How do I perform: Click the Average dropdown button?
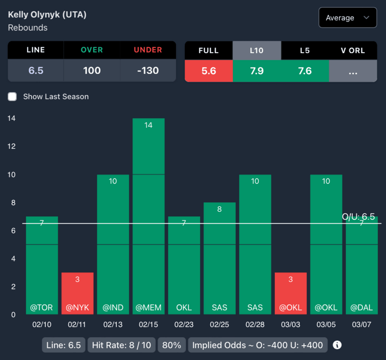click(347, 18)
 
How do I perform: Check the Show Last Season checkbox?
click(12, 97)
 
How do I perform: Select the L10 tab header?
click(257, 50)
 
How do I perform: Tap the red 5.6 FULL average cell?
click(208, 71)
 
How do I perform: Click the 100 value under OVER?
click(92, 70)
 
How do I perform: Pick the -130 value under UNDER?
click(148, 70)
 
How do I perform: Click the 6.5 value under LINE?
click(36, 70)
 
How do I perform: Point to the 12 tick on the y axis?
click(11, 146)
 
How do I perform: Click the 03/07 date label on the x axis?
click(361, 325)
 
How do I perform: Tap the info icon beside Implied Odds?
click(337, 345)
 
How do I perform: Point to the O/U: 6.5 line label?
click(358, 217)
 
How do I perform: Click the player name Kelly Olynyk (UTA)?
click(47, 15)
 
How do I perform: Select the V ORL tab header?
click(353, 50)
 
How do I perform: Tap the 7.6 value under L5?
click(305, 71)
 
